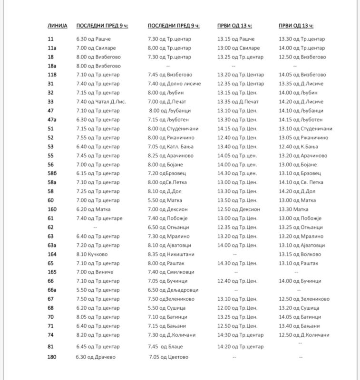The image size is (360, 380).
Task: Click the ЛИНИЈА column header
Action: [58, 25]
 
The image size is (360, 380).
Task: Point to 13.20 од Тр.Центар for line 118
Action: [240, 75]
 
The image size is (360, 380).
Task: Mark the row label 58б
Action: [53, 173]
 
